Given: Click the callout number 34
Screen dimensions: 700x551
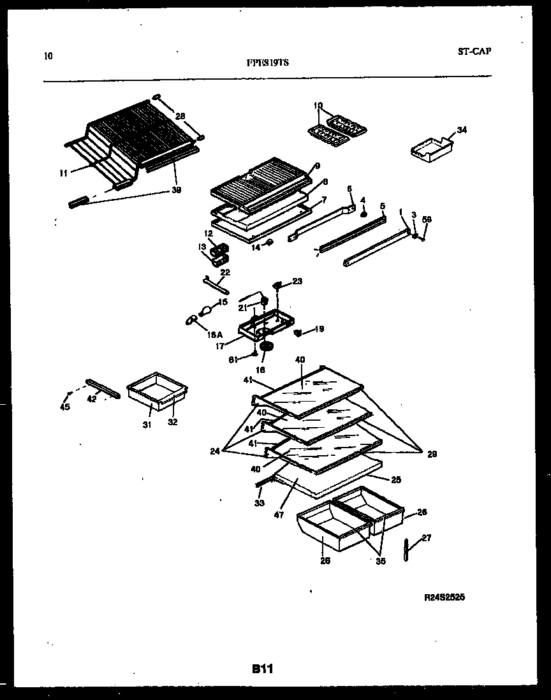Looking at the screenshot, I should point(462,131).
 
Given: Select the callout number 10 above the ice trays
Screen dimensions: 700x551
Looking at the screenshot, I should point(318,105).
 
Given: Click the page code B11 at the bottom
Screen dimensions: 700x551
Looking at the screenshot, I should point(262,669).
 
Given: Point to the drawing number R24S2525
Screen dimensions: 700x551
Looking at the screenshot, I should point(444,598).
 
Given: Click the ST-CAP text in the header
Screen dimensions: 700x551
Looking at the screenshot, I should point(474,52).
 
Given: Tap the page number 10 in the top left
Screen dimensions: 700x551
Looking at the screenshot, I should point(48,55).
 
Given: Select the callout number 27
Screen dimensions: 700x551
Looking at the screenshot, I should point(427,537).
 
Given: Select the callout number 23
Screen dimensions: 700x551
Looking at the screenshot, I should point(297,281).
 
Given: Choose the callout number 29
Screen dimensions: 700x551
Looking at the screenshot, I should point(432,454).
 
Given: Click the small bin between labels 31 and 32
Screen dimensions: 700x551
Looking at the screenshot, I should point(155,395).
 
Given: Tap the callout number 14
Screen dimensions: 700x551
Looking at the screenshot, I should point(256,247).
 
